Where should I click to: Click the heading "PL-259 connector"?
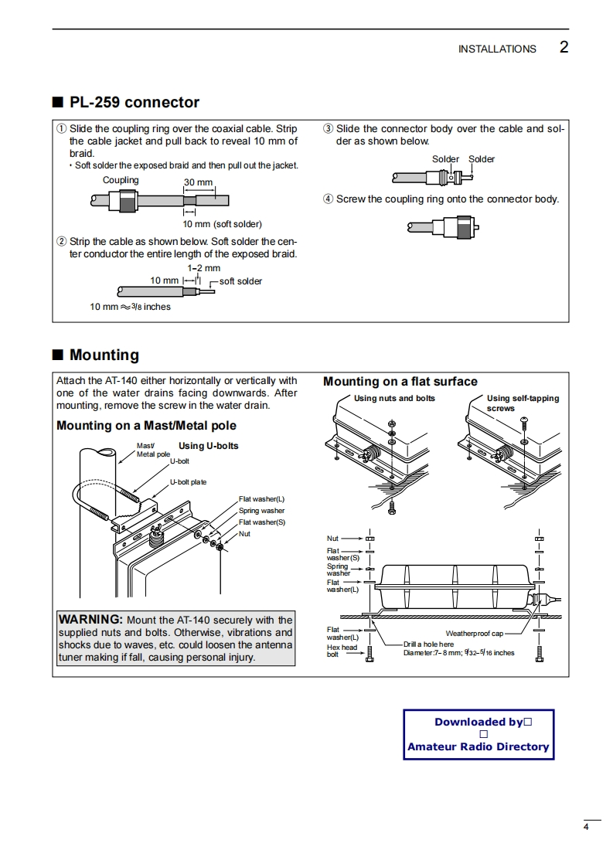click(134, 103)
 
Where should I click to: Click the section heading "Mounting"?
click(104, 355)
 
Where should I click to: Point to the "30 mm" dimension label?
click(199, 182)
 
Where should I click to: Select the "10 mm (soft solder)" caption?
click(222, 224)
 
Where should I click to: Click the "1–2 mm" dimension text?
click(203, 268)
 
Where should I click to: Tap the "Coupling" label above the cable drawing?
click(121, 180)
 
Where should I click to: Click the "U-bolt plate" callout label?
click(188, 482)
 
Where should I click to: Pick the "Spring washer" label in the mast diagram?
click(261, 511)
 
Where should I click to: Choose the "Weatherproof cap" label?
click(474, 634)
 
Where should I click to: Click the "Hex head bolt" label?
click(342, 651)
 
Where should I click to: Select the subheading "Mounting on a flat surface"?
click(400, 382)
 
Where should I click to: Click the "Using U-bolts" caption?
click(208, 446)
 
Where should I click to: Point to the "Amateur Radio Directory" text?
click(478, 746)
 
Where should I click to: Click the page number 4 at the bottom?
click(586, 828)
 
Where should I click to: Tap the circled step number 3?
click(328, 129)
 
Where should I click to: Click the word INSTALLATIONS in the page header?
click(496, 49)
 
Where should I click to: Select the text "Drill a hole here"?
click(428, 644)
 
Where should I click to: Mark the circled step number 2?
click(62, 242)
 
